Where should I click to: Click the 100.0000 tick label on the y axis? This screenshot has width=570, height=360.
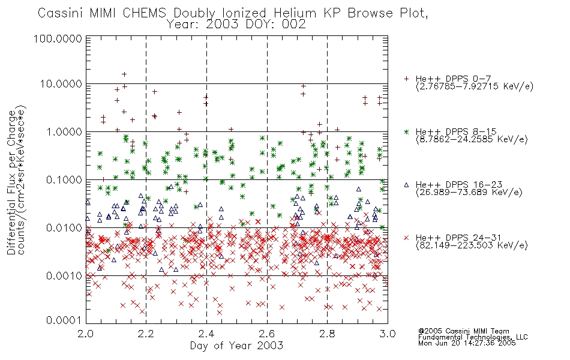pos(58,38)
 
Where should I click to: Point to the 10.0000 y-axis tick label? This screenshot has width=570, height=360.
pos(61,84)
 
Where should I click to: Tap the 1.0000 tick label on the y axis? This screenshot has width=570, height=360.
pos(64,131)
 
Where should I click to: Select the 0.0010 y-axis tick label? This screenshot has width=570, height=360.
pos(64,276)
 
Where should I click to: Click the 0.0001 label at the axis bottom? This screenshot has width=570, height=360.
pos(64,320)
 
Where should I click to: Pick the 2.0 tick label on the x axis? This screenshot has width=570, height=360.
pos(86,334)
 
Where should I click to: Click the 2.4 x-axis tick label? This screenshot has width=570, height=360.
pos(206,334)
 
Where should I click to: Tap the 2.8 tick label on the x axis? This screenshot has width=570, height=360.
pos(327,334)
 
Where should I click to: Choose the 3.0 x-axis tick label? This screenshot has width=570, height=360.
pos(388,334)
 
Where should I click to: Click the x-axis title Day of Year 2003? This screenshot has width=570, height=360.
pos(236,346)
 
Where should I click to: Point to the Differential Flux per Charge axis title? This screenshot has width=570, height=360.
pos(12,182)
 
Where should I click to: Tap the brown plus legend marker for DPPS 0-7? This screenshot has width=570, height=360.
pos(406,79)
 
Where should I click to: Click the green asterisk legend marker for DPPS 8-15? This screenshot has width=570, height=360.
pos(406,131)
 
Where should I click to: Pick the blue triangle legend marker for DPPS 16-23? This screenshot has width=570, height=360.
pos(406,185)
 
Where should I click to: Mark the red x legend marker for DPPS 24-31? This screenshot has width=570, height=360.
pos(406,238)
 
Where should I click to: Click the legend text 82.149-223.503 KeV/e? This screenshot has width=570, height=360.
pos(472,245)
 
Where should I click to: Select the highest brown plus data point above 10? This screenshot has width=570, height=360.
pos(124,74)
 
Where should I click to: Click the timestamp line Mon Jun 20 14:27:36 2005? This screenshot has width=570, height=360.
pos(467,343)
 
